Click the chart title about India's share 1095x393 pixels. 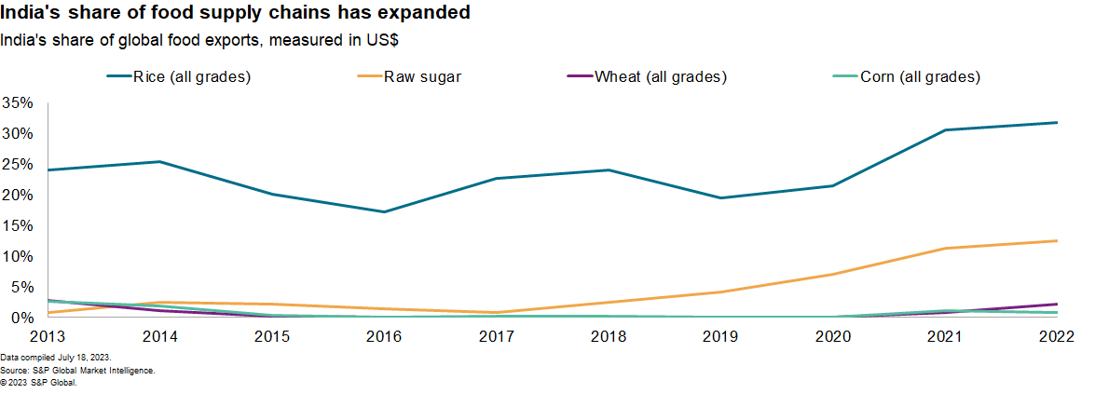pos(235,13)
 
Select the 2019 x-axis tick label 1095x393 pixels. pos(719,335)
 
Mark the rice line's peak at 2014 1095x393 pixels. pos(160,161)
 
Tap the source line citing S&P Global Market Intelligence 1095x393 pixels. pos(77,370)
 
